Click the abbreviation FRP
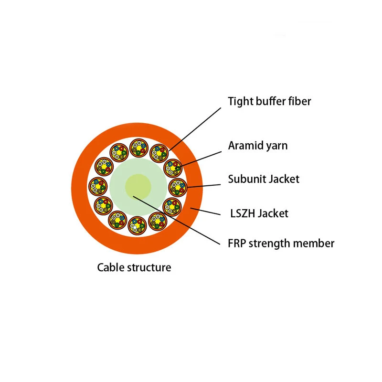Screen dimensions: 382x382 pos(237,243)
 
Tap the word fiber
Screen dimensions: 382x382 pos(299,101)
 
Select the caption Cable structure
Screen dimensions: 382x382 pos(134,267)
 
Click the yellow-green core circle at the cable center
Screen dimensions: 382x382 pos(138,186)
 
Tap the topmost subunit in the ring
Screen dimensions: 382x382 pos(138,149)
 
